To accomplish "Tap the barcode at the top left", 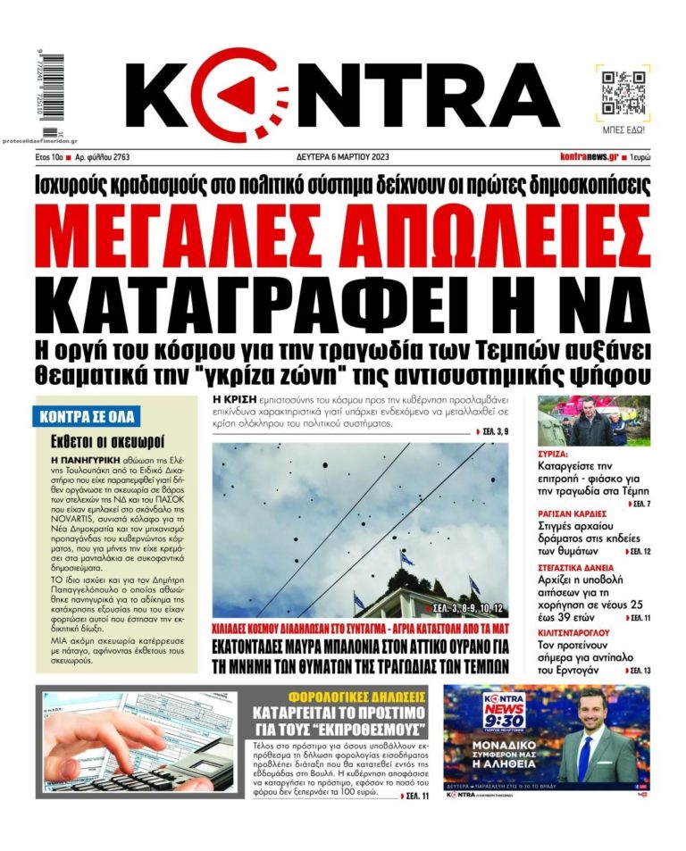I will click(43, 84).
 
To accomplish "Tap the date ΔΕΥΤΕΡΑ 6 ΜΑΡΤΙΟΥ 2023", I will click(343, 157).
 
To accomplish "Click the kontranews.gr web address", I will click(589, 157).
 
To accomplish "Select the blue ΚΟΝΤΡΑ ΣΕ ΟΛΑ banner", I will click(91, 415).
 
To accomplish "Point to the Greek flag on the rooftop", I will click(406, 557).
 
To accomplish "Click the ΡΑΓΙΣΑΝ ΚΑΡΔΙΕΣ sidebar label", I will click(573, 513).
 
